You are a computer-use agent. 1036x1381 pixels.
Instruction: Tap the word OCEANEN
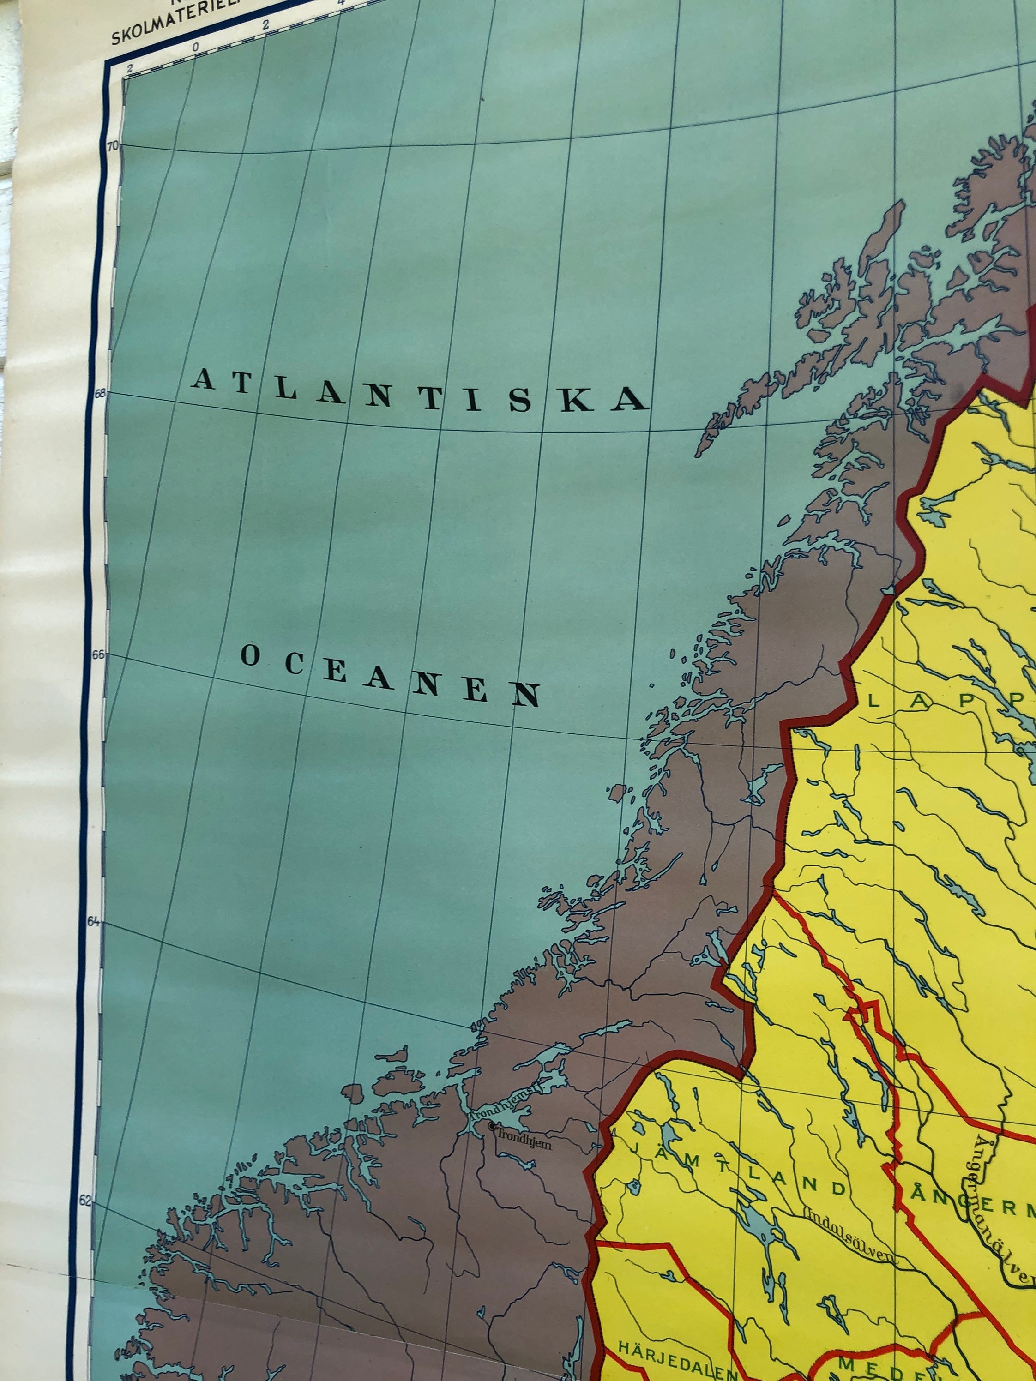tap(390, 676)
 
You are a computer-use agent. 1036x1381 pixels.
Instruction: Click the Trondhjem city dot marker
tap(493, 1127)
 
